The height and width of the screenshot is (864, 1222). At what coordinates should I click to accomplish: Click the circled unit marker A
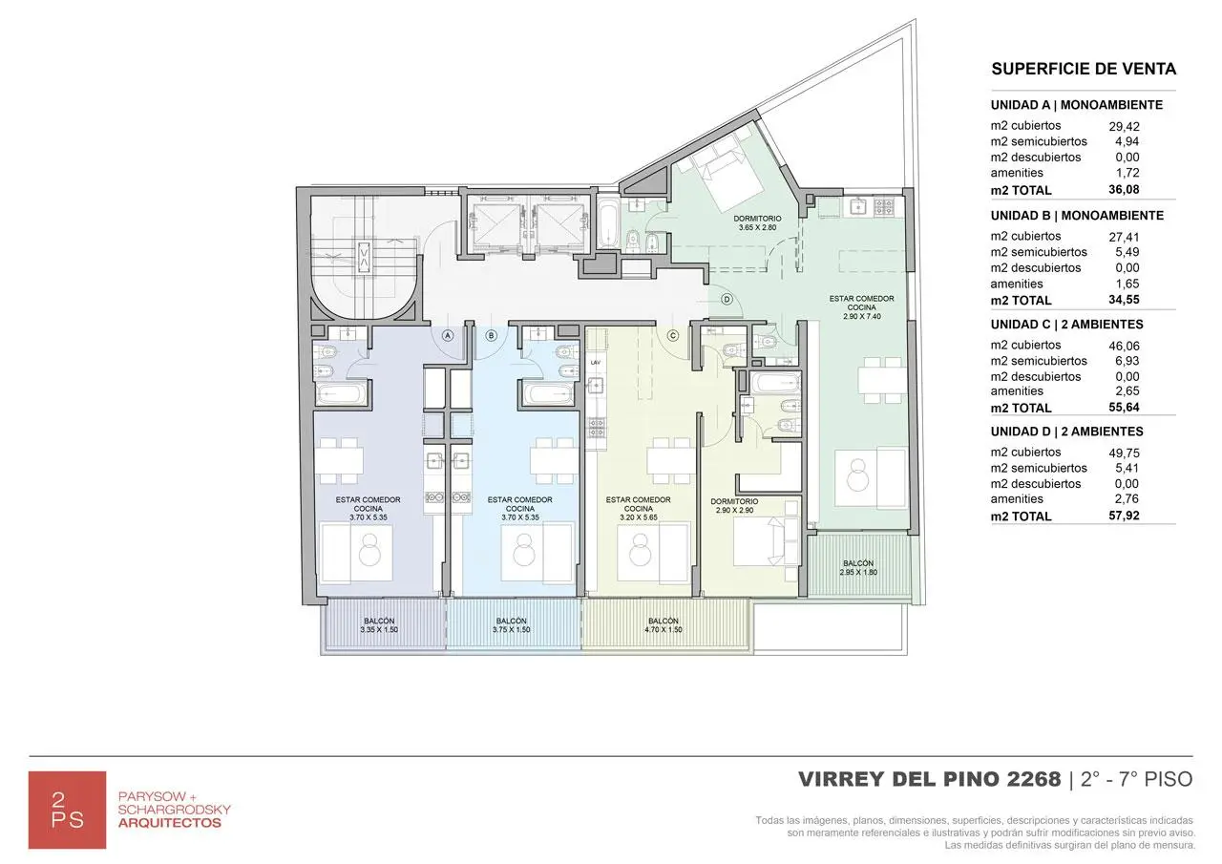[x=448, y=335]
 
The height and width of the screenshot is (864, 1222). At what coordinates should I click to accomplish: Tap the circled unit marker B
[x=492, y=335]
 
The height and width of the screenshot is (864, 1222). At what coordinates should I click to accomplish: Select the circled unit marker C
[x=672, y=335]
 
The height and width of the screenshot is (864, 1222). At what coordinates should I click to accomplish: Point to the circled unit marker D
[x=727, y=299]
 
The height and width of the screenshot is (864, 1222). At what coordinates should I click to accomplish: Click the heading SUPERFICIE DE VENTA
[x=1084, y=69]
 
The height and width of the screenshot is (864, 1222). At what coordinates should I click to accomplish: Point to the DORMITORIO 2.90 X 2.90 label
[x=735, y=506]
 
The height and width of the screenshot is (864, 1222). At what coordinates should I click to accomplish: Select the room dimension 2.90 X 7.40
[x=855, y=315]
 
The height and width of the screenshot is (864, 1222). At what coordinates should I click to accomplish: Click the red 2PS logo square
[x=67, y=810]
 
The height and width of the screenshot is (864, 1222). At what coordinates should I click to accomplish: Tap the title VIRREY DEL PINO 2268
[x=929, y=779]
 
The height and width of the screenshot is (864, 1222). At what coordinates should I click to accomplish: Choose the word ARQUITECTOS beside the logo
[x=169, y=822]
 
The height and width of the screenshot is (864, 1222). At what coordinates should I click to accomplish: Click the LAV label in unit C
[x=595, y=363]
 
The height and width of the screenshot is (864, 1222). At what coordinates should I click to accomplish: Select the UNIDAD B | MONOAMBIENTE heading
[x=1077, y=216]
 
